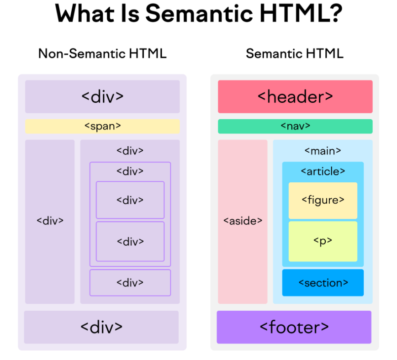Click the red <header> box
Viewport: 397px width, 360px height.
point(295,96)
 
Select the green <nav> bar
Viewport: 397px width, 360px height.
point(295,126)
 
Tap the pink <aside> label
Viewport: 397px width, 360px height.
point(243,221)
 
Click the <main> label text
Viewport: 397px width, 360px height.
point(323,151)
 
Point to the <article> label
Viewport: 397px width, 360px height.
point(323,171)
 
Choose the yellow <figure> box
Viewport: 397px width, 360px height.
point(323,201)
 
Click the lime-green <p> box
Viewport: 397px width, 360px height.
point(323,242)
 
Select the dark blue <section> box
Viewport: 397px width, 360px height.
point(323,282)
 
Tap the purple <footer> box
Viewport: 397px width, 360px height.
point(294,327)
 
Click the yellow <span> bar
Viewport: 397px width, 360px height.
point(102,127)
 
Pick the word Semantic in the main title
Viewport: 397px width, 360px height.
point(199,13)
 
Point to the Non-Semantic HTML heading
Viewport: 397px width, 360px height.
point(102,53)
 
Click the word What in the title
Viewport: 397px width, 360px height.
point(85,13)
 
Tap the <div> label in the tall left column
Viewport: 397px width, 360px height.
point(50,221)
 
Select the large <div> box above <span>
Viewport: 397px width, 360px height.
point(102,96)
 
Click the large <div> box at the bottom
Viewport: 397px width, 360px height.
point(101,327)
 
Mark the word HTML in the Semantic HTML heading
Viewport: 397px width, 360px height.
point(324,53)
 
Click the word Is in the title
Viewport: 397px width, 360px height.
point(130,13)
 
